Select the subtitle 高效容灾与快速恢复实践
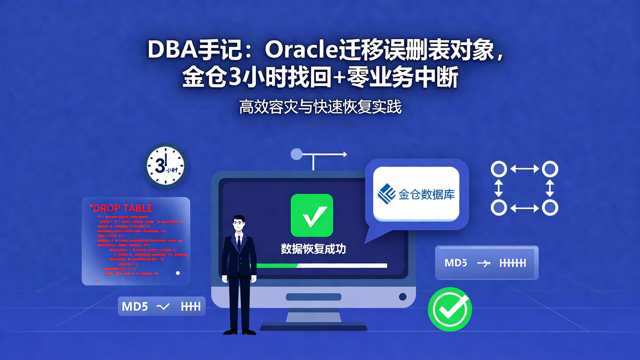(320, 107)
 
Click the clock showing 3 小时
(165, 165)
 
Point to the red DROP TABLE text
(121, 208)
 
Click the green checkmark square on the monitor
(312, 215)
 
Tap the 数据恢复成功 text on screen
(313, 249)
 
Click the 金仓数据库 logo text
(426, 195)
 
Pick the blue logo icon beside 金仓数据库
(386, 194)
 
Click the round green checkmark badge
(450, 309)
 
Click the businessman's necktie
(239, 242)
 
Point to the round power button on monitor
(403, 296)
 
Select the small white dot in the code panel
(178, 273)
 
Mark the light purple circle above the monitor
(296, 154)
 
